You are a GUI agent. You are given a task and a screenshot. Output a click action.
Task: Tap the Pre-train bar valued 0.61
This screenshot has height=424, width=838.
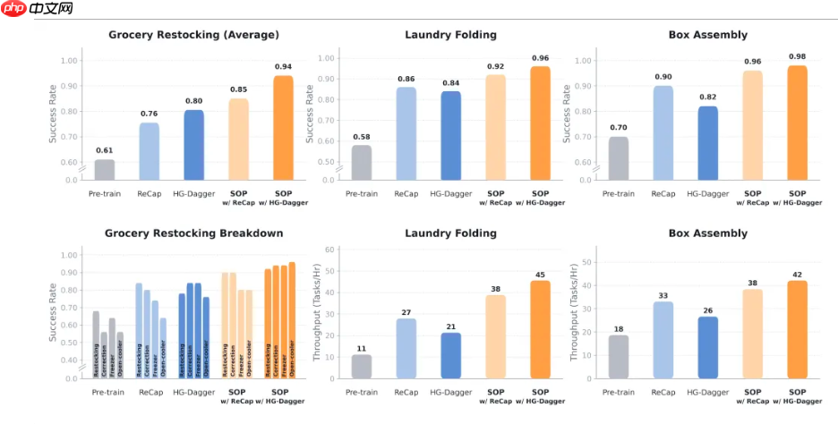[105, 169]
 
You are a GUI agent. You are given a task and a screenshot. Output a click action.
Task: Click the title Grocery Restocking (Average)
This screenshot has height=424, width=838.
[193, 35]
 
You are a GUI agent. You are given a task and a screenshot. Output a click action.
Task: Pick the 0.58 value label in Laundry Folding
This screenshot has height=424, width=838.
[361, 136]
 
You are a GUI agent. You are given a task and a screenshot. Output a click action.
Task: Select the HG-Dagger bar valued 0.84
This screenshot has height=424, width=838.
[450, 134]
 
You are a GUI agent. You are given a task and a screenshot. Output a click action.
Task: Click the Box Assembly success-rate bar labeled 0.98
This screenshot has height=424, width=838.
[797, 122]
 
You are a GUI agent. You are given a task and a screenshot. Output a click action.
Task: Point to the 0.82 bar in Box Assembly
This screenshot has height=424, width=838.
[707, 142]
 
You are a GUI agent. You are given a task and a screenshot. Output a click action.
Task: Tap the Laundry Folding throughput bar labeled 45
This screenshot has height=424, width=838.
[540, 328]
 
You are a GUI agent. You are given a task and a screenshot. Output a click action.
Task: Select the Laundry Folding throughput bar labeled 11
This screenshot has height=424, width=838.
[361, 366]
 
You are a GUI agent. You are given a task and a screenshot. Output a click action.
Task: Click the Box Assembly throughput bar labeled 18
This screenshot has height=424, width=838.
[618, 356]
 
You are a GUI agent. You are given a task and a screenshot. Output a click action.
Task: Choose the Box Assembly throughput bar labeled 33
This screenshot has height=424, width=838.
[663, 339]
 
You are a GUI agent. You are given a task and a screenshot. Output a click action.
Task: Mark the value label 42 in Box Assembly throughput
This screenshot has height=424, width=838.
[797, 274]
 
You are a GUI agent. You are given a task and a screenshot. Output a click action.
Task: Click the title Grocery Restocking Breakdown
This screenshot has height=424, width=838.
[193, 233]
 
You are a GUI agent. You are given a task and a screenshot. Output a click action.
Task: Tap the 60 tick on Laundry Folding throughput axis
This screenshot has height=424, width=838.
[329, 250]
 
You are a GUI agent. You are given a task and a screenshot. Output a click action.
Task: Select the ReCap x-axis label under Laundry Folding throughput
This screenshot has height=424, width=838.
[406, 393]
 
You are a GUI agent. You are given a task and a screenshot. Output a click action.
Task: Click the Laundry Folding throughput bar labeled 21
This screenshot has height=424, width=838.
[450, 355]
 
